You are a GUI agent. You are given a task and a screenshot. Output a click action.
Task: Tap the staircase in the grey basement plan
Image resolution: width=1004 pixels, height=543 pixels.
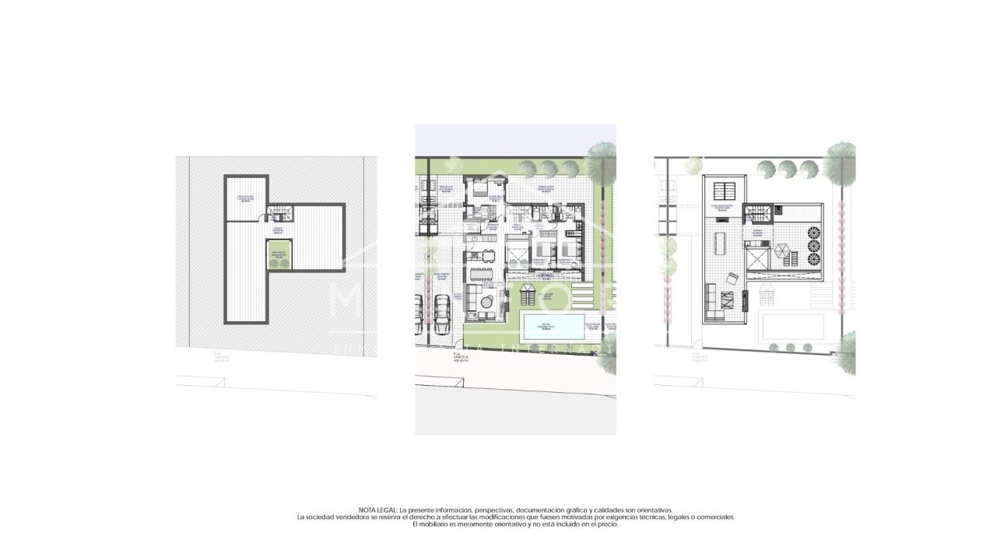[x=278, y=212]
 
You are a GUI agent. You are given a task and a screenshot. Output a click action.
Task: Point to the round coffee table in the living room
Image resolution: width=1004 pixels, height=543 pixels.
[x=487, y=301]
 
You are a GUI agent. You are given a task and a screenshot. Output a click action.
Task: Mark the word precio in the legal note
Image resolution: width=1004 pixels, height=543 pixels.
[x=608, y=524]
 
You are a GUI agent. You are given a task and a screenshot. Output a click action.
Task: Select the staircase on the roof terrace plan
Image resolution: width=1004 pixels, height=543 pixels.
[x=757, y=213]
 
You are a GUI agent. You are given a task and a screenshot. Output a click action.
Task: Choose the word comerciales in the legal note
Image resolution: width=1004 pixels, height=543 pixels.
[x=714, y=517]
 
